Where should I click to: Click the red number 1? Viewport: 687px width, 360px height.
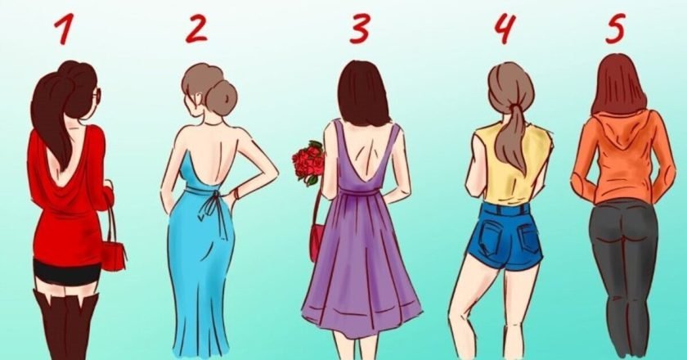[64, 29]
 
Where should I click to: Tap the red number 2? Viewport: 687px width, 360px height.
[195, 29]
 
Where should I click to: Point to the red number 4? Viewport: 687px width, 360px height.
[505, 29]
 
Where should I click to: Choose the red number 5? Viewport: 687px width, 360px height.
[617, 29]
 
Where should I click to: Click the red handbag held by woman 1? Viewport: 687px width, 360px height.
[114, 255]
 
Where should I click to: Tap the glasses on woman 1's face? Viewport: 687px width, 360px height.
[97, 94]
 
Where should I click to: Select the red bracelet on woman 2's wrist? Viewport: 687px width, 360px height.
[237, 193]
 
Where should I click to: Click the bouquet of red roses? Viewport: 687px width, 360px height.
[308, 162]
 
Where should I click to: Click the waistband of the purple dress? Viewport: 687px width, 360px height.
[358, 191]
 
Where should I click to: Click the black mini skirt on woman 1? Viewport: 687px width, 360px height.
[68, 272]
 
